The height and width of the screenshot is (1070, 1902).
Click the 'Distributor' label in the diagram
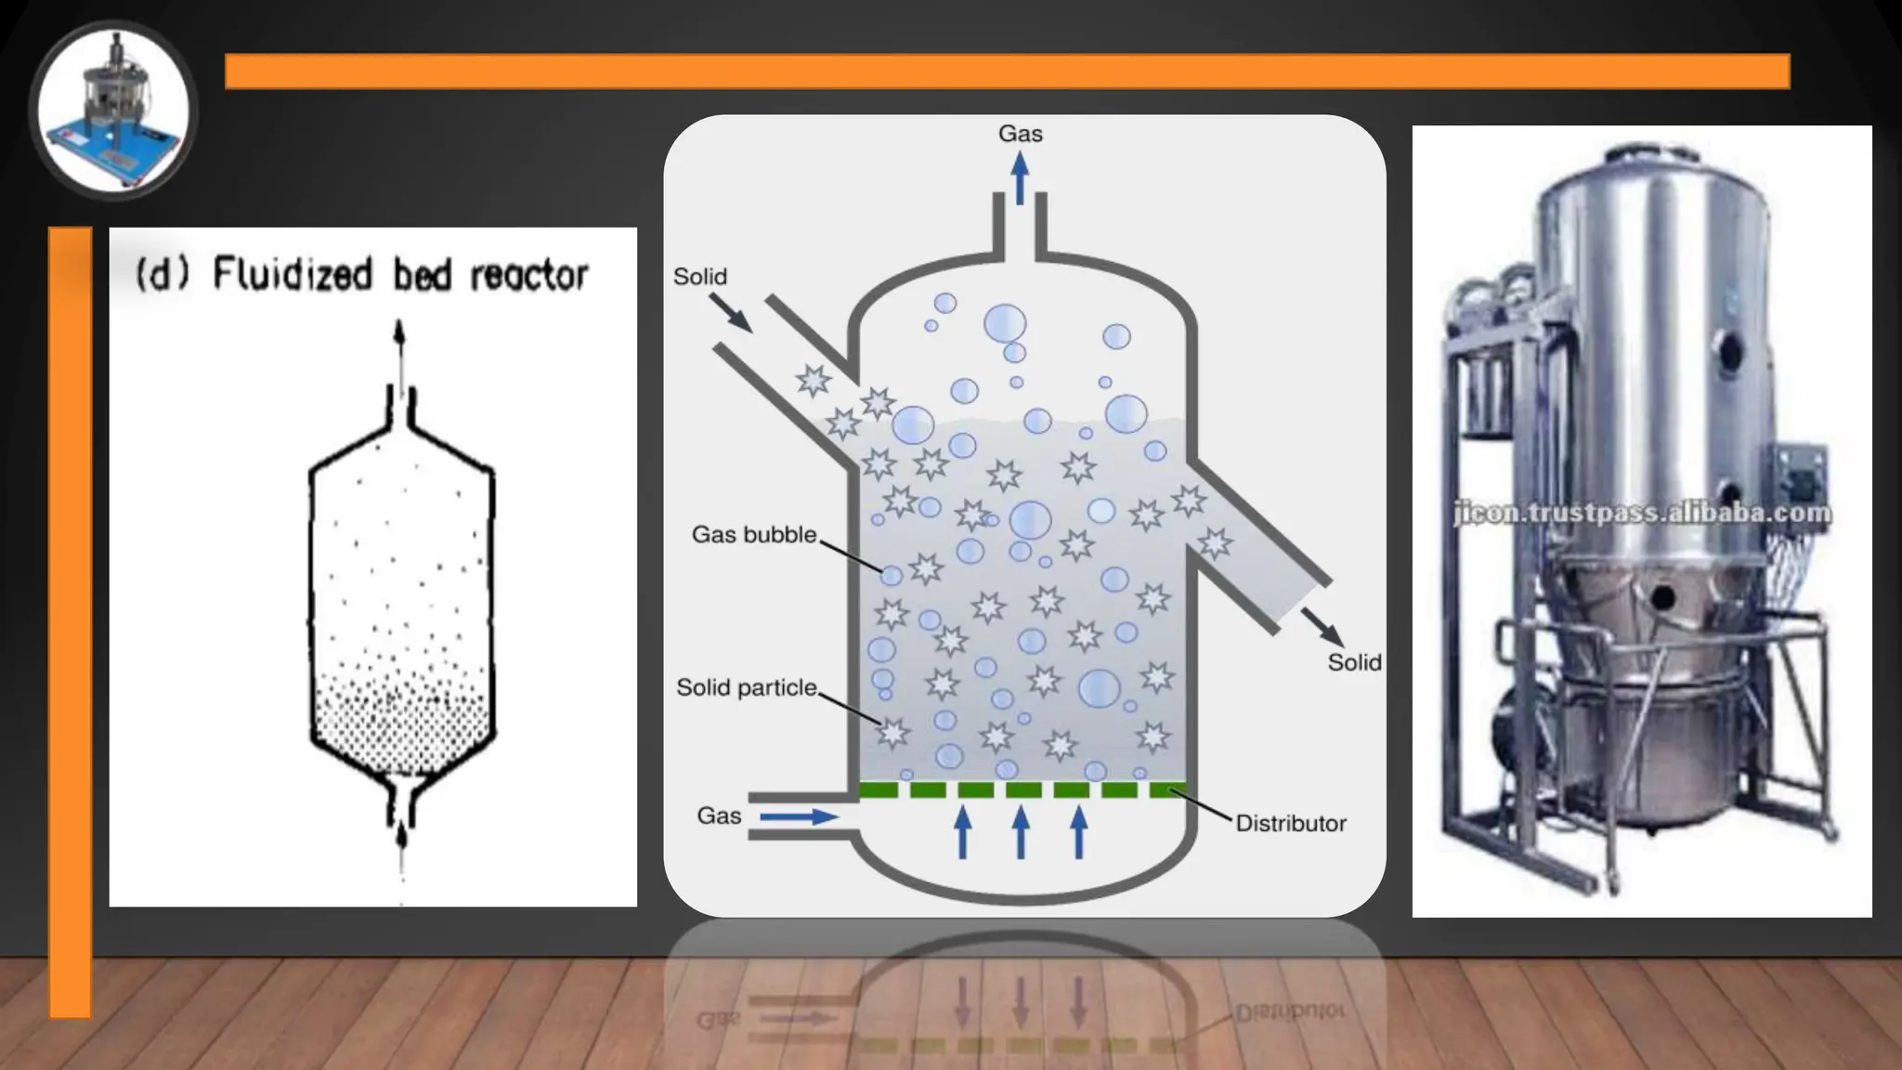pos(1290,823)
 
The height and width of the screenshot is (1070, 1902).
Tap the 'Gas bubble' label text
pos(753,534)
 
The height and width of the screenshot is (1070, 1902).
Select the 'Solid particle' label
pos(746,687)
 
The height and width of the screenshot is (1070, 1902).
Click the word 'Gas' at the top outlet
pos(1020,134)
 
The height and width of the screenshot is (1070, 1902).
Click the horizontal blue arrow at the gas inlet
pos(799,816)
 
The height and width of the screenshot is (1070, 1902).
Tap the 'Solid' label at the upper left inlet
pos(699,277)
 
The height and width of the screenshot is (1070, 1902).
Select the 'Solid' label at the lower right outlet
pos(1353,662)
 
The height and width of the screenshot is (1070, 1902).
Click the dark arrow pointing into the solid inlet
pos(730,312)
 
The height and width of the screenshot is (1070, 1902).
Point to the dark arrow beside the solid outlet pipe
pos(1322,627)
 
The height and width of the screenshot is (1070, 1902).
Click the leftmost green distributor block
pos(878,790)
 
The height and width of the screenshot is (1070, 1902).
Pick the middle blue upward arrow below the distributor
pos(1021,831)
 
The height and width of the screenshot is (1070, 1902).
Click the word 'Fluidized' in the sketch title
pos(293,274)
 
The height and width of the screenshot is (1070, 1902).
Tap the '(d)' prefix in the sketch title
pos(163,274)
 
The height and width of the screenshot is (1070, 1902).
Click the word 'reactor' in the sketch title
pos(528,275)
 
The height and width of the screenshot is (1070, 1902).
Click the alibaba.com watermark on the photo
pos(1642,513)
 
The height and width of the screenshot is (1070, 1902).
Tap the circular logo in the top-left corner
pos(113,111)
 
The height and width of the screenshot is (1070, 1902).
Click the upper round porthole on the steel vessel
pos(1728,350)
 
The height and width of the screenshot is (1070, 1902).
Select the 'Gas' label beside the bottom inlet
pos(719,816)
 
